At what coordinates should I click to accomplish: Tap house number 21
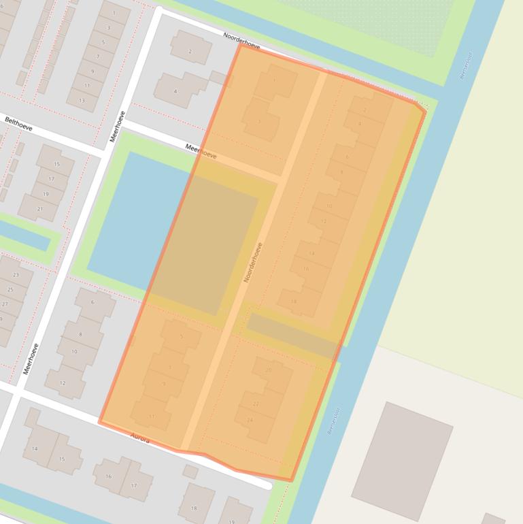pyautogui.click(x=40, y=209)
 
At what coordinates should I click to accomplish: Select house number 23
pyautogui.click(x=16, y=275)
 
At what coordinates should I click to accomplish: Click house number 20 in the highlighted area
pyautogui.click(x=268, y=370)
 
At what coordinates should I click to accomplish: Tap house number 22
pyautogui.click(x=256, y=404)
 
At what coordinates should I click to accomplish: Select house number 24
pyautogui.click(x=250, y=420)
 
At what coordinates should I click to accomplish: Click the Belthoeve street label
pyautogui.click(x=18, y=123)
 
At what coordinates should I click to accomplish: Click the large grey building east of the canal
pyautogui.click(x=402, y=451)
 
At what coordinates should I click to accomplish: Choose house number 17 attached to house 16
pyautogui.click(x=133, y=486)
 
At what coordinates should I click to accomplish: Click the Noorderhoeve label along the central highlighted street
pyautogui.click(x=252, y=263)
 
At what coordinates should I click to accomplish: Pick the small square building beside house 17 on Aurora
pyautogui.click(x=190, y=471)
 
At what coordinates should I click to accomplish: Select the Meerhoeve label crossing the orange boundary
pyautogui.click(x=201, y=151)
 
